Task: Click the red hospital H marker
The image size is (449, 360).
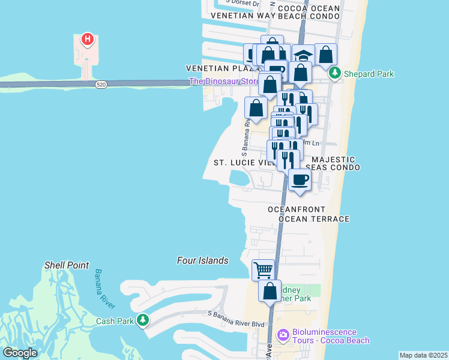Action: pos(88,40)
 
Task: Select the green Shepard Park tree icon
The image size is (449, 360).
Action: pos(335,74)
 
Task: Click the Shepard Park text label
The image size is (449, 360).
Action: pos(369,74)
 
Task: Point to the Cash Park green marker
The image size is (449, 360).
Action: pos(143,320)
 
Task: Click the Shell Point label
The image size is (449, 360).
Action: pos(67,265)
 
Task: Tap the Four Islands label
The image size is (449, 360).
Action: pos(203,260)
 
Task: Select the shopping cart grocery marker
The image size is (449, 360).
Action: pos(263,270)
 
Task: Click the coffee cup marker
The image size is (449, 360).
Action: pos(300,179)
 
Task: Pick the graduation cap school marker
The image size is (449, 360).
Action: pos(304,56)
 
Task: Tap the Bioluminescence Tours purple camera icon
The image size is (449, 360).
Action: pos(283,334)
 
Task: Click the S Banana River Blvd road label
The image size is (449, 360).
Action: pos(236,324)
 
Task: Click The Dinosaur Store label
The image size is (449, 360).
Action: pos(224,82)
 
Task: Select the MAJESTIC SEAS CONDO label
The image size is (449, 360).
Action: pos(333,163)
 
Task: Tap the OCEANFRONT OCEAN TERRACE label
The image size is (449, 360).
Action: pos(309,214)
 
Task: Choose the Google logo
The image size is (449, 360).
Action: pos(20,353)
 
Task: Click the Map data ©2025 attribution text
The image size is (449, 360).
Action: pos(423,355)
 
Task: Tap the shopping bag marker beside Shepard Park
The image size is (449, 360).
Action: pos(325,55)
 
